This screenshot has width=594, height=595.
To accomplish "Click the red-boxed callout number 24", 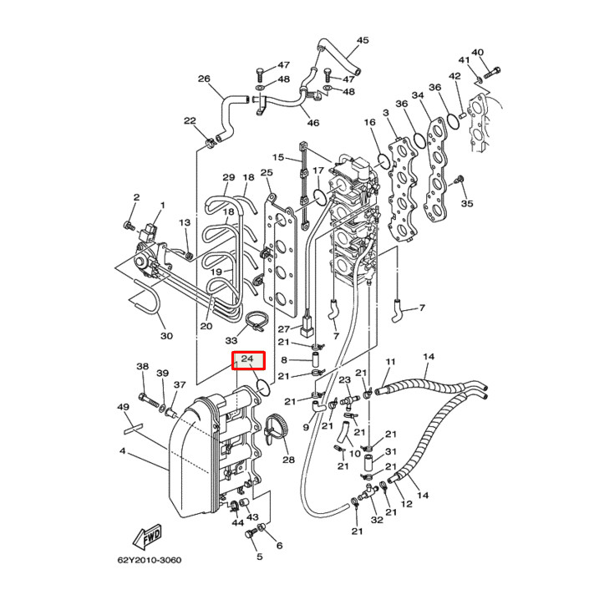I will click(x=247, y=360).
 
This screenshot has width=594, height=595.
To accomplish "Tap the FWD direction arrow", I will click(x=148, y=534).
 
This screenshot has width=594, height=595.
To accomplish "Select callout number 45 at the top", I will click(x=362, y=40).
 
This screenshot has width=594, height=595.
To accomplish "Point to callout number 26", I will click(x=204, y=79).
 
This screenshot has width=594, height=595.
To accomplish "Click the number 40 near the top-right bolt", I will click(x=477, y=53).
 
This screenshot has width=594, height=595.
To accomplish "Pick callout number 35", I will click(x=467, y=203).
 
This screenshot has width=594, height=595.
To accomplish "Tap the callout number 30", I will click(x=166, y=336).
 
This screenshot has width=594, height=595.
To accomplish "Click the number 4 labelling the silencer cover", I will click(x=122, y=452).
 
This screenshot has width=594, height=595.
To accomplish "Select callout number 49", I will click(x=123, y=407).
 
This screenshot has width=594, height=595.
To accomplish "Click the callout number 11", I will click(x=388, y=361).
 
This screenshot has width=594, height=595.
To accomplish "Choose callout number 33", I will click(x=231, y=340).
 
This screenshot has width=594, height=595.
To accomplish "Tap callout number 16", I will click(x=370, y=123).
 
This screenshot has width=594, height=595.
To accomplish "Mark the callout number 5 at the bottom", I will click(x=259, y=557).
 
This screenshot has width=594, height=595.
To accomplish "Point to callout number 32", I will click(x=377, y=520).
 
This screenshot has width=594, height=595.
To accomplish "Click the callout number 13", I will click(x=185, y=223).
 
